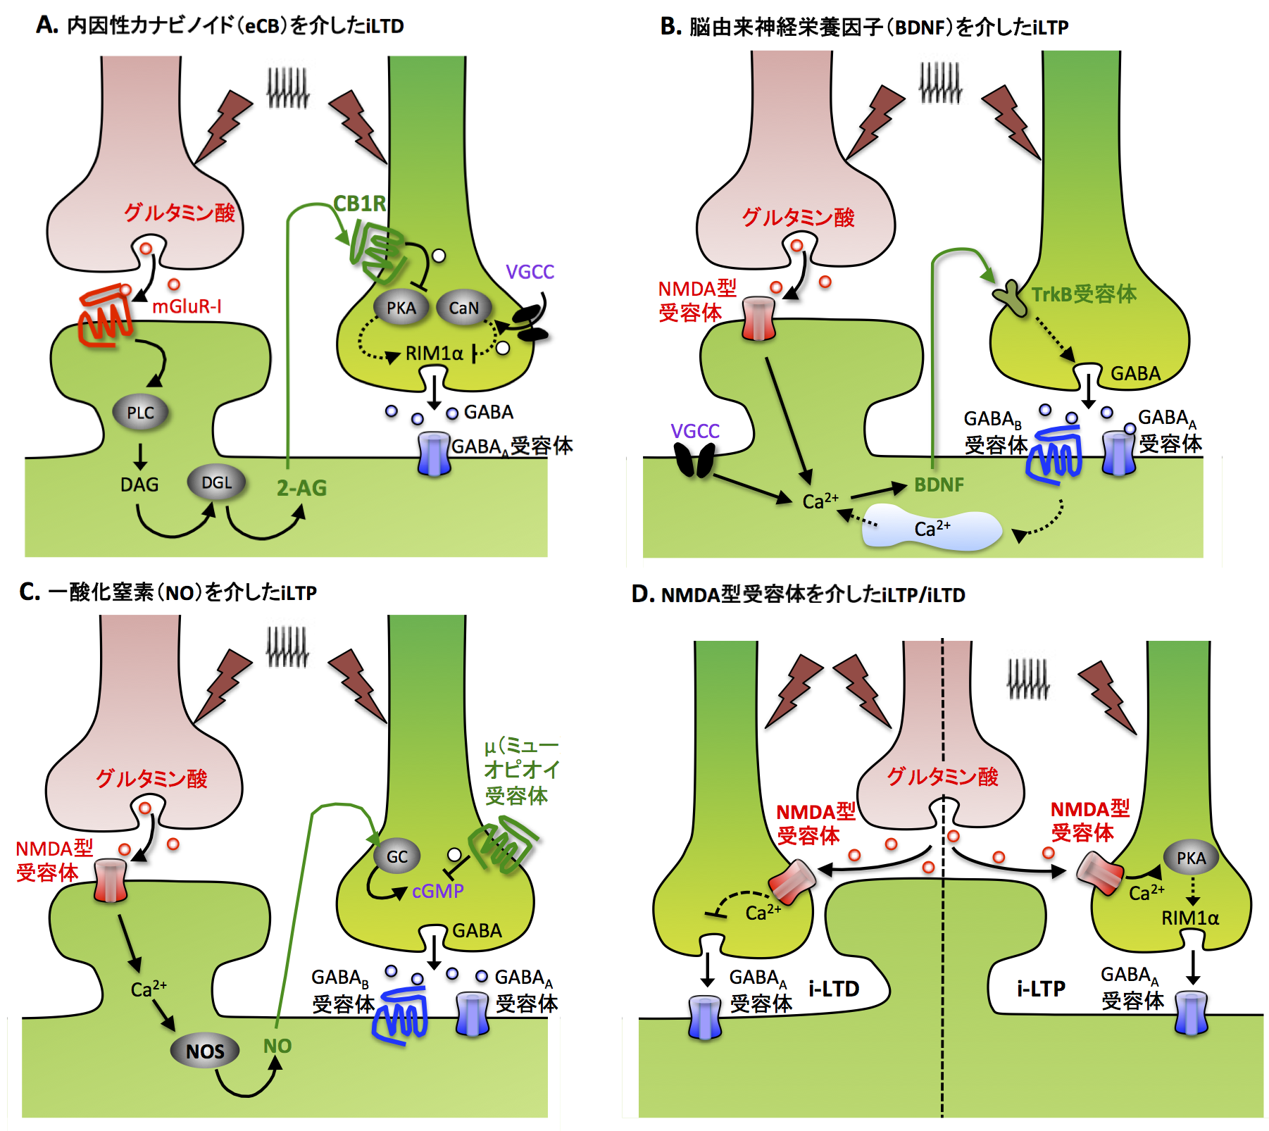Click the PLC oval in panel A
[140, 413]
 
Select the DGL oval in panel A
[216, 482]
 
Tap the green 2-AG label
[301, 488]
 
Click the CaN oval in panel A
[463, 308]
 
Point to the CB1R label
[359, 204]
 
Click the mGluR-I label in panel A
[187, 306]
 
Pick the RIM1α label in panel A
[434, 353]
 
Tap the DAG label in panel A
[139, 485]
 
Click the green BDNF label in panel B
[939, 485]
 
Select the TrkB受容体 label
[1084, 294]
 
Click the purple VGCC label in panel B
[695, 431]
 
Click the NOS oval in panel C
[205, 1051]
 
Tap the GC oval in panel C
[396, 856]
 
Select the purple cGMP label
[437, 892]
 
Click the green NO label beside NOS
[277, 1046]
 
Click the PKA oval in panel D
[1191, 858]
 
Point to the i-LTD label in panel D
[834, 989]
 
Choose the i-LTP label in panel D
[1041, 989]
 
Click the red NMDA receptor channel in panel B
[758, 319]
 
